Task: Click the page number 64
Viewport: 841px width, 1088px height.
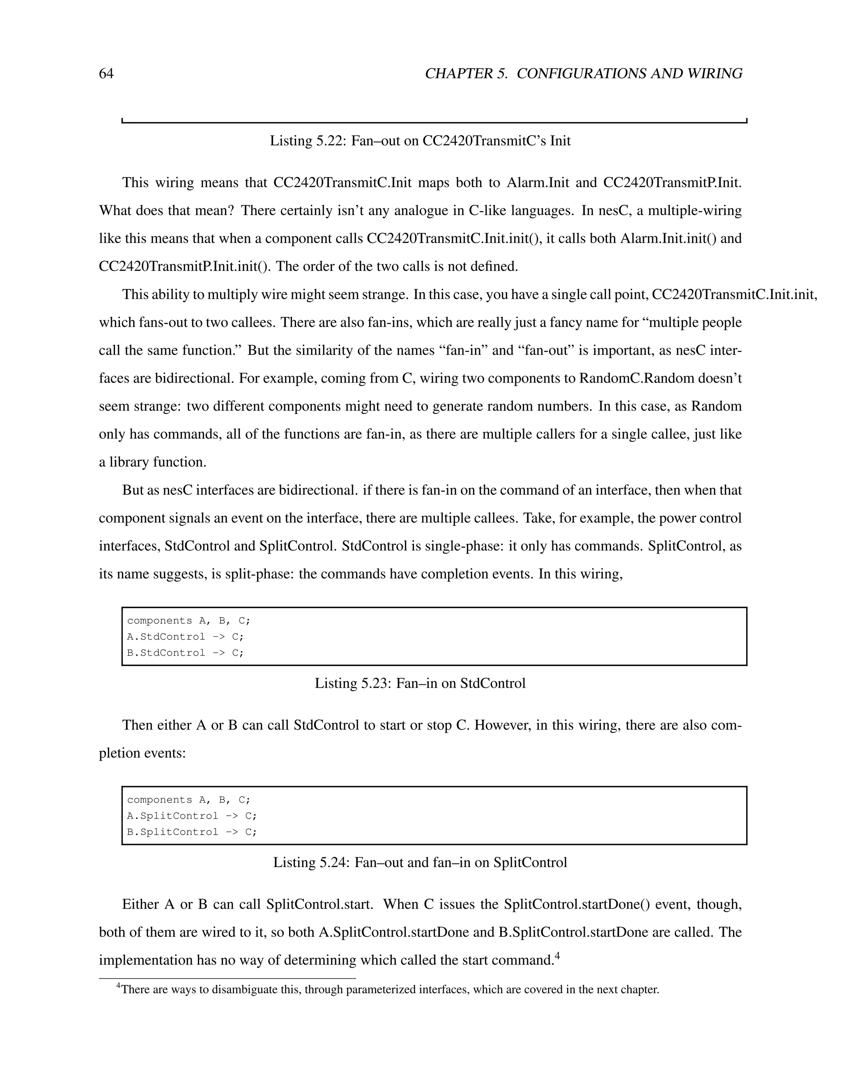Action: coord(106,74)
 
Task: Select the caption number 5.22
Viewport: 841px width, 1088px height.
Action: coord(329,141)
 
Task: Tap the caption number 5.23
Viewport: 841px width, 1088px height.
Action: coord(374,683)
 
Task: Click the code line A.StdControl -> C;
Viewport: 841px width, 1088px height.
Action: coord(185,637)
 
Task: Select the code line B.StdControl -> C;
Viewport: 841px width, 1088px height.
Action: coord(185,653)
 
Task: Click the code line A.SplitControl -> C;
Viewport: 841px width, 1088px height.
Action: coord(192,816)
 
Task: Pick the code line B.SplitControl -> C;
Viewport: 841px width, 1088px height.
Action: coord(192,832)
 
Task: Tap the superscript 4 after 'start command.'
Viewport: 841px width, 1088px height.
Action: coord(558,955)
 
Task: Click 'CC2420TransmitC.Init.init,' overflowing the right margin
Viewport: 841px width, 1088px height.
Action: coord(734,295)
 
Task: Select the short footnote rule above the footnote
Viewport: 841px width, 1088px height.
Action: coord(227,978)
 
